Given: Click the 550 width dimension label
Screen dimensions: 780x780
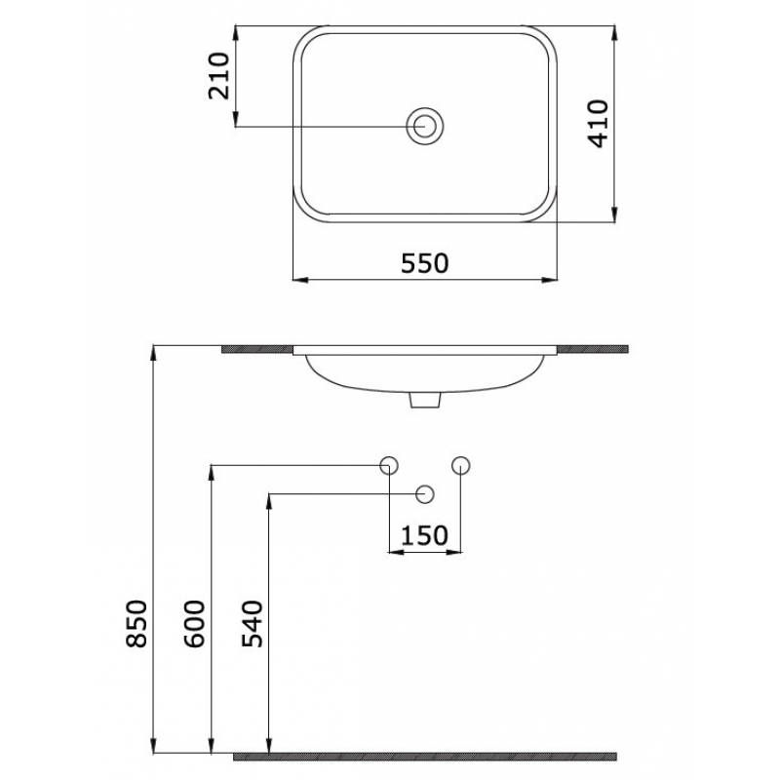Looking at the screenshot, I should click(x=425, y=263).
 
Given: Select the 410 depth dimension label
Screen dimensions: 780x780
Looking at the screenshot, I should click(x=598, y=123).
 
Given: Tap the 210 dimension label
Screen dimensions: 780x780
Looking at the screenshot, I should click(x=220, y=75).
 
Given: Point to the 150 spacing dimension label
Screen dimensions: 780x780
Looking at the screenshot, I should click(x=424, y=535).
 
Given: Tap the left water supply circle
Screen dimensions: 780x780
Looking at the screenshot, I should click(x=388, y=465).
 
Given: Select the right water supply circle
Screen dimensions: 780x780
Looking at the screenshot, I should click(x=461, y=465).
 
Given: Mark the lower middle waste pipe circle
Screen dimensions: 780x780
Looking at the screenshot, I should click(x=424, y=494).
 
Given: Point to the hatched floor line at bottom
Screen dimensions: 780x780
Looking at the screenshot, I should click(x=425, y=756).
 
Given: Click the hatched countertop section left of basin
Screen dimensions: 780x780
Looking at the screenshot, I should click(x=257, y=348).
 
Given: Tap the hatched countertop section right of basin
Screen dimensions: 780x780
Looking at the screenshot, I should click(x=592, y=348).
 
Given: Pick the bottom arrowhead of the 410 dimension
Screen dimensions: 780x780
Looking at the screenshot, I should click(x=614, y=217).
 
